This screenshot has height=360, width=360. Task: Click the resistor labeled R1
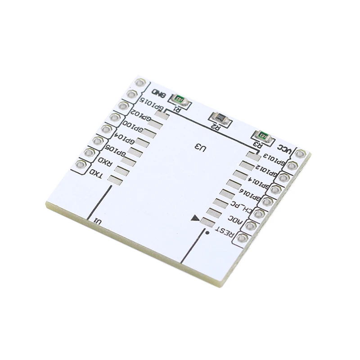180,99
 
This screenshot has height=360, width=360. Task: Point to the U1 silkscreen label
97,221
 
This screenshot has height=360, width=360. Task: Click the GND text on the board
158,94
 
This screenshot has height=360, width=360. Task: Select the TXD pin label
96,173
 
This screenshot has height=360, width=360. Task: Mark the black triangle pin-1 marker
195,219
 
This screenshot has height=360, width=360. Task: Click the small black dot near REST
207,233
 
